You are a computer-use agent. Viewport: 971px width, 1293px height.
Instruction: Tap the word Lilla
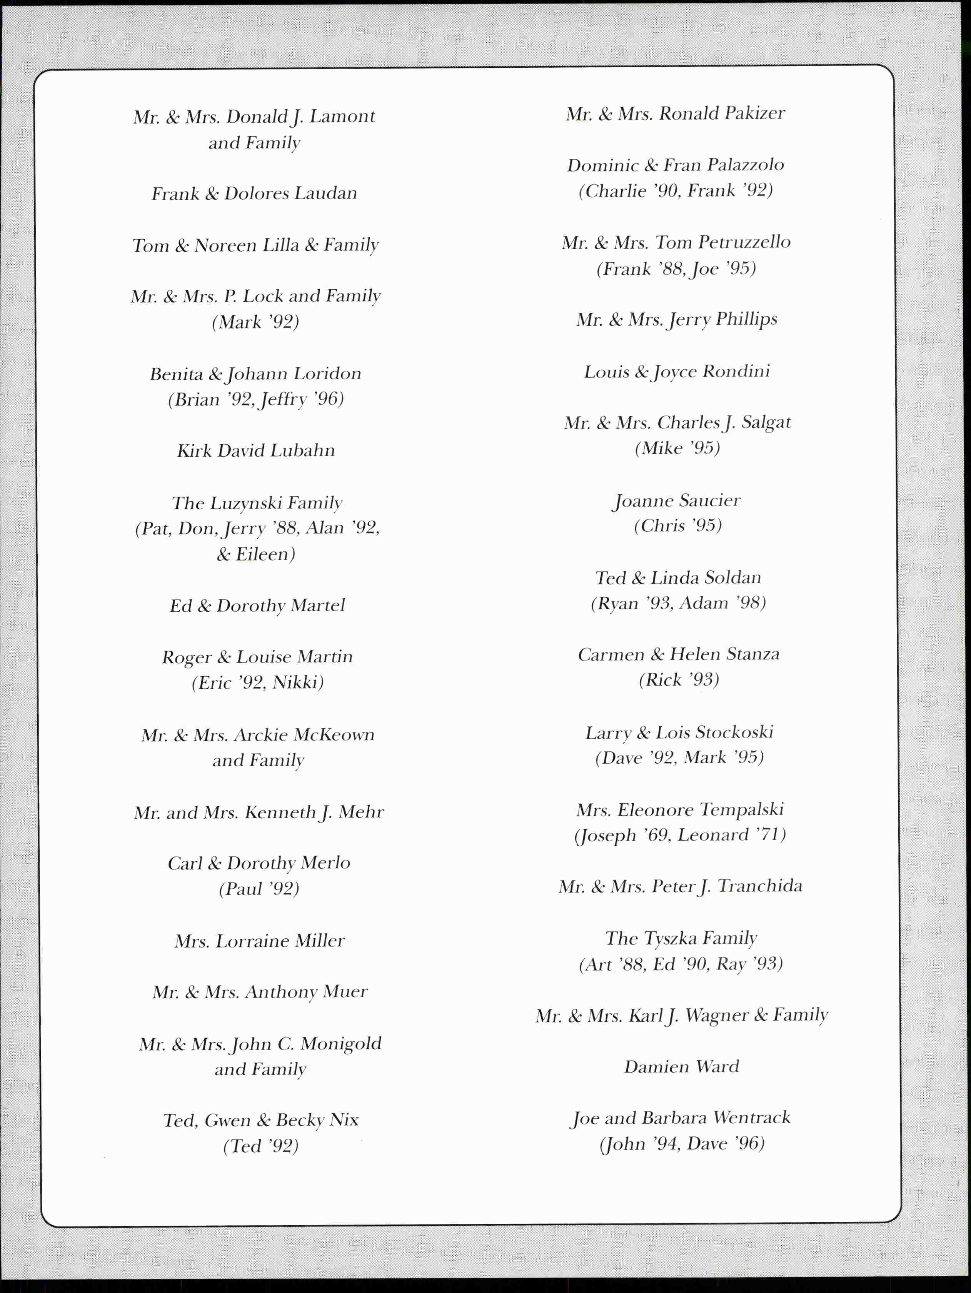pos(280,245)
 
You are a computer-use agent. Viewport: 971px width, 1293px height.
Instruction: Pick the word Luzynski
pos(245,503)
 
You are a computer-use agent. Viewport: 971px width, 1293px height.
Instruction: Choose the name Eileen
pos(265,554)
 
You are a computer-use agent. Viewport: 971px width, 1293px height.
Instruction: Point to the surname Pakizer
pos(754,113)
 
